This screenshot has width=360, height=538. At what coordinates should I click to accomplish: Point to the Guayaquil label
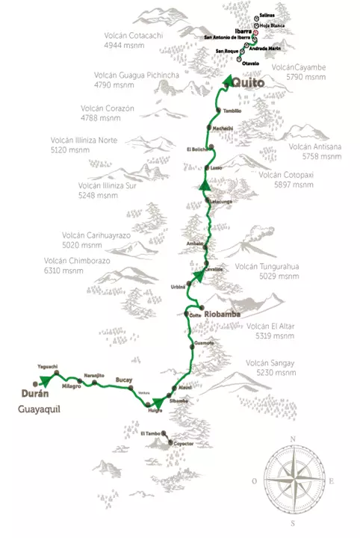point(39,409)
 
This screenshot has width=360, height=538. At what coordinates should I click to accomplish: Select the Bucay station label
point(123,380)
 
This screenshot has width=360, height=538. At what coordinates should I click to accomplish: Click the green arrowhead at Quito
point(227,84)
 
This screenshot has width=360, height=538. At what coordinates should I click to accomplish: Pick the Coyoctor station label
point(184,444)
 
